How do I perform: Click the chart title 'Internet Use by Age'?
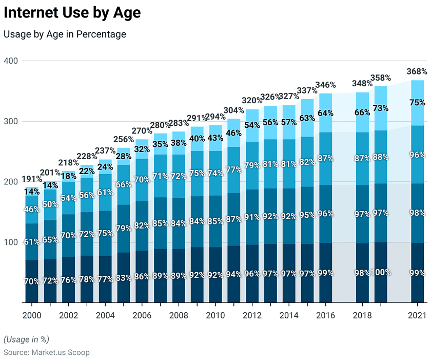72,13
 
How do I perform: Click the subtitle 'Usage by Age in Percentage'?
65,34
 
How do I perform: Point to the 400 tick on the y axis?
11,61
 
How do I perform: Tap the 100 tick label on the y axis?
11,242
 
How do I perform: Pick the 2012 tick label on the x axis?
252,315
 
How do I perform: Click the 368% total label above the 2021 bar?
417,71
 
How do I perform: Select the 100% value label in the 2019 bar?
380,273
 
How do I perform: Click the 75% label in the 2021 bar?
417,102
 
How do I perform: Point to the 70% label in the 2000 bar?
32,281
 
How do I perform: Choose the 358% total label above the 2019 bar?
380,78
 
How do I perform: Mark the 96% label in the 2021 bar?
417,155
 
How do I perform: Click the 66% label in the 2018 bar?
362,113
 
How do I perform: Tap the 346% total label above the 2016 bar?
325,85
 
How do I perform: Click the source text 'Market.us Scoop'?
61,352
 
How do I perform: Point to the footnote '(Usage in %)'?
26,339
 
